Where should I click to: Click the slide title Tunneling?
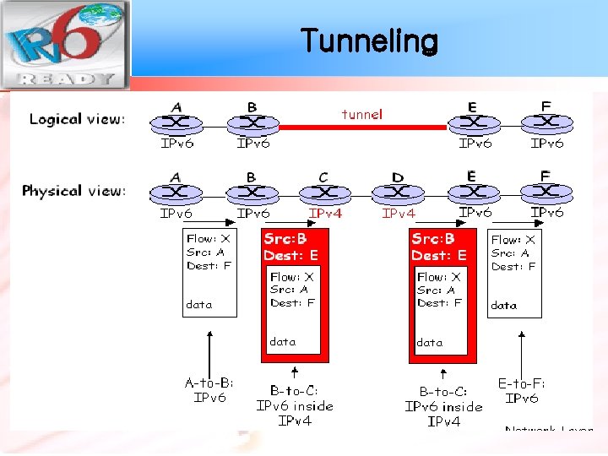coord(369,40)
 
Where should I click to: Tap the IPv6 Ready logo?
coord(64,44)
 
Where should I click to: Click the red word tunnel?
coord(361,114)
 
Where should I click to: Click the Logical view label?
coord(77,118)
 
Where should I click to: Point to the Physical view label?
coord(74,191)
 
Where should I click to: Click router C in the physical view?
coord(324,193)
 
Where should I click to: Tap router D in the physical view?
coord(399,193)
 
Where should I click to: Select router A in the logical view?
coord(176,122)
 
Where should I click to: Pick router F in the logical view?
coord(546,122)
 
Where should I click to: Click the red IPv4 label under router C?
coord(326,214)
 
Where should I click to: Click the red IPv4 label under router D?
coord(399,214)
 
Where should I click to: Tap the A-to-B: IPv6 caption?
coord(209,390)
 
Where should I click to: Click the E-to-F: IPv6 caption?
coord(522,391)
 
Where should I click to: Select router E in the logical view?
coord(472,122)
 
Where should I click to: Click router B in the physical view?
coord(252,193)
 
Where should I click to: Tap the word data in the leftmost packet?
coord(199,305)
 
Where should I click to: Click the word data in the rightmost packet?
coord(504,305)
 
